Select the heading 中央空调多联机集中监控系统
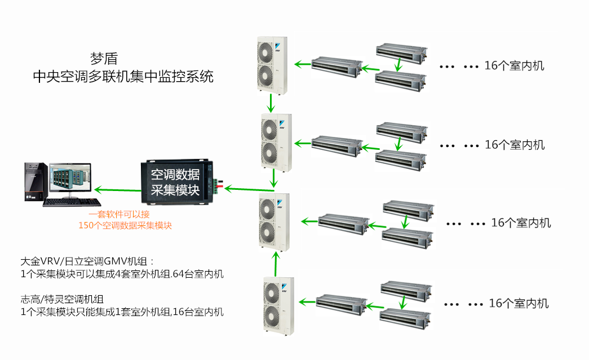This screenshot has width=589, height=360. click(123, 77)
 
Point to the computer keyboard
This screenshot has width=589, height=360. click(73, 202)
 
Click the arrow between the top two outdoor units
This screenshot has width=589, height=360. click(271, 103)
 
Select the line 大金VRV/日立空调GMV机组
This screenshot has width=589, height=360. click(87, 262)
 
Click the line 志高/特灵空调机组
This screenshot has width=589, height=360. click(63, 299)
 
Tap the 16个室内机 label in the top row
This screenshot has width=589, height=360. click(514, 66)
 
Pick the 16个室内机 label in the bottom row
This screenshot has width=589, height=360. click(518, 304)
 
